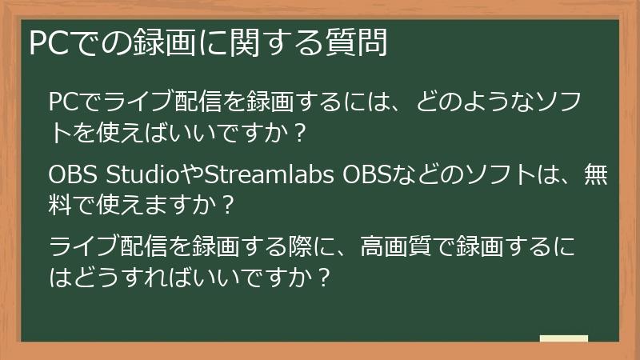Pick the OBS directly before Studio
click(74, 174)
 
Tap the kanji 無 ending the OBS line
click(596, 174)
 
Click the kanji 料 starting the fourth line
click(62, 206)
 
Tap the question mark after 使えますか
click(227, 206)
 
